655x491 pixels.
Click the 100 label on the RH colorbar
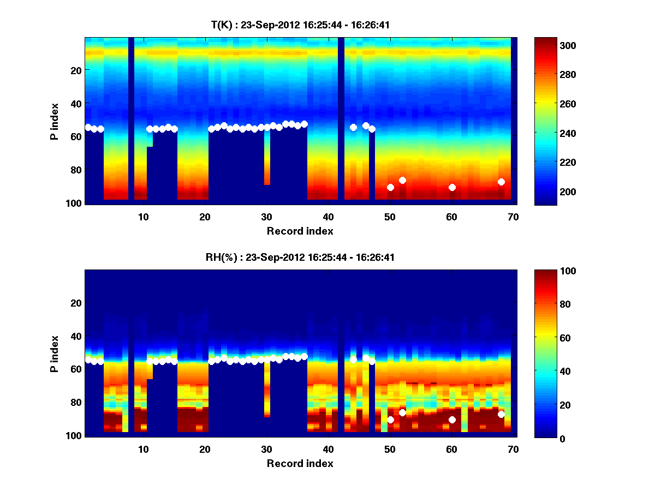pos(549,271)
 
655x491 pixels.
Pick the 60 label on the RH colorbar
pos(546,338)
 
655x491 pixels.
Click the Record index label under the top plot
pos(300,231)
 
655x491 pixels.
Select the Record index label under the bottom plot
pos(300,464)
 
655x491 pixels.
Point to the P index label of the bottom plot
pos(55,354)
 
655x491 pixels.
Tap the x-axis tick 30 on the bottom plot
pos(266,449)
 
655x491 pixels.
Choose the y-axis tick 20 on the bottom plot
pos(76,303)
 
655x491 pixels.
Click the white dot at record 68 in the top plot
pos(501,182)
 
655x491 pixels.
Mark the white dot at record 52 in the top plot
pos(402,180)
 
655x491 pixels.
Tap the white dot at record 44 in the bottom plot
pos(353,360)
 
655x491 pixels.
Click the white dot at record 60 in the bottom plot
pos(452,420)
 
